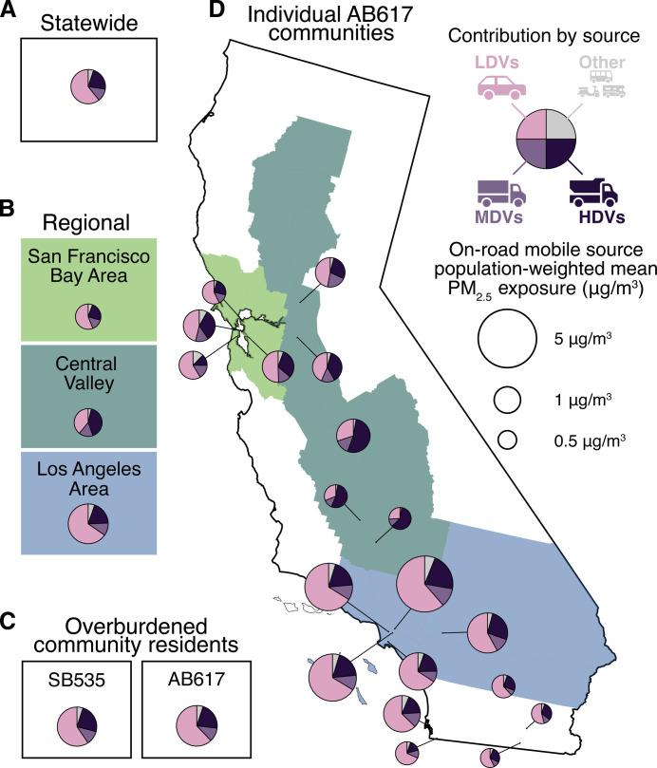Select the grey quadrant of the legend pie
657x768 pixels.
point(562,122)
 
